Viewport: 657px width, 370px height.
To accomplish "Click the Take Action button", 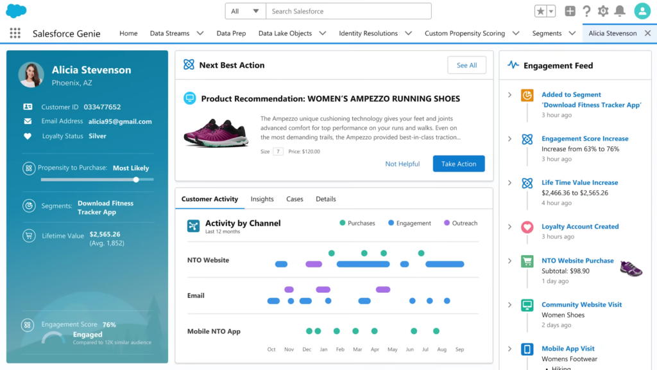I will [x=459, y=164].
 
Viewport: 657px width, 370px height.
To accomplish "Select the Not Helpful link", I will [x=402, y=164].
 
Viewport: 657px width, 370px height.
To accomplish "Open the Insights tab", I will [x=262, y=199].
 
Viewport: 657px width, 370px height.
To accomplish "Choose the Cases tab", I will [x=294, y=199].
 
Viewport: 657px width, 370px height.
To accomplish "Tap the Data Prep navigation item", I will [x=231, y=33].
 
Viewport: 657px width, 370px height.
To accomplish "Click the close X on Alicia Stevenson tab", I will [x=647, y=33].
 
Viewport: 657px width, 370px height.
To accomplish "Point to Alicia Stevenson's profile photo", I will [x=31, y=75].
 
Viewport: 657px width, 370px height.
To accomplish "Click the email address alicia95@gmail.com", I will [x=120, y=121].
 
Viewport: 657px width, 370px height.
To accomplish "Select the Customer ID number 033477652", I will [x=102, y=107].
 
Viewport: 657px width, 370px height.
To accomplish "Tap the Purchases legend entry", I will [x=357, y=223].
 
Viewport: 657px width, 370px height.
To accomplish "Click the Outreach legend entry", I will [x=460, y=223].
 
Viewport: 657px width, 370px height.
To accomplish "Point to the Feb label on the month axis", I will [x=340, y=349].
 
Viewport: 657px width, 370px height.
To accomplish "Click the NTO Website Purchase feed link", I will [x=577, y=261].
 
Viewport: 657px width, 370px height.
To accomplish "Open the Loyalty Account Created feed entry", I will [x=580, y=227].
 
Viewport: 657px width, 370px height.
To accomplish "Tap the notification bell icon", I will [x=620, y=11].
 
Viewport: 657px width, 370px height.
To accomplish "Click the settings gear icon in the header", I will [x=603, y=11].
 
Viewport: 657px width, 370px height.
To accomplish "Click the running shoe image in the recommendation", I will [x=216, y=132].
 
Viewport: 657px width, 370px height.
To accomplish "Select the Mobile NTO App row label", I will [x=214, y=331].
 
